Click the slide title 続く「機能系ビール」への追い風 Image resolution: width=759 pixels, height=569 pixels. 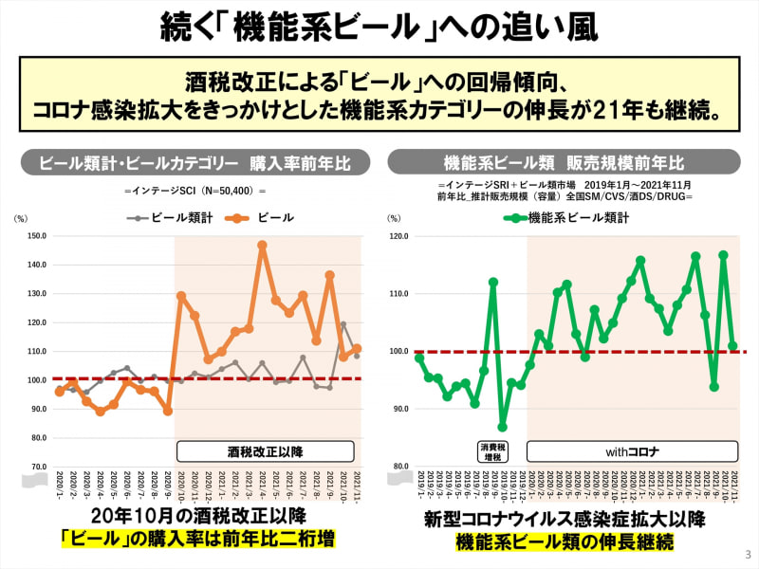point(379,26)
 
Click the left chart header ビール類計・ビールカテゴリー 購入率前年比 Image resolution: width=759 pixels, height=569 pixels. point(194,162)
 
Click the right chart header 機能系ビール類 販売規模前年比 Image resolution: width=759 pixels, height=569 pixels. point(564,162)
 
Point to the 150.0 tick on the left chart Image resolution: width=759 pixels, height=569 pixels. point(37,236)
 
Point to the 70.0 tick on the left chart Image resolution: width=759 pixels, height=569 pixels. point(37,467)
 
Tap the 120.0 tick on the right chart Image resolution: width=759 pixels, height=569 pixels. point(398,236)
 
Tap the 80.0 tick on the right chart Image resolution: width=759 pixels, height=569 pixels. point(398,467)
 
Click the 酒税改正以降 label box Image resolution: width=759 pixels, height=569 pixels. point(265,451)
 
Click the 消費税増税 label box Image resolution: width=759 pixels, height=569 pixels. point(492,450)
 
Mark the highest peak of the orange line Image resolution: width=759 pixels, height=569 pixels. point(262,245)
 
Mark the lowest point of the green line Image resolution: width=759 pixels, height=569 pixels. point(502,427)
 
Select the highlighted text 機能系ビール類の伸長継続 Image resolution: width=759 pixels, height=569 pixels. point(565,542)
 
